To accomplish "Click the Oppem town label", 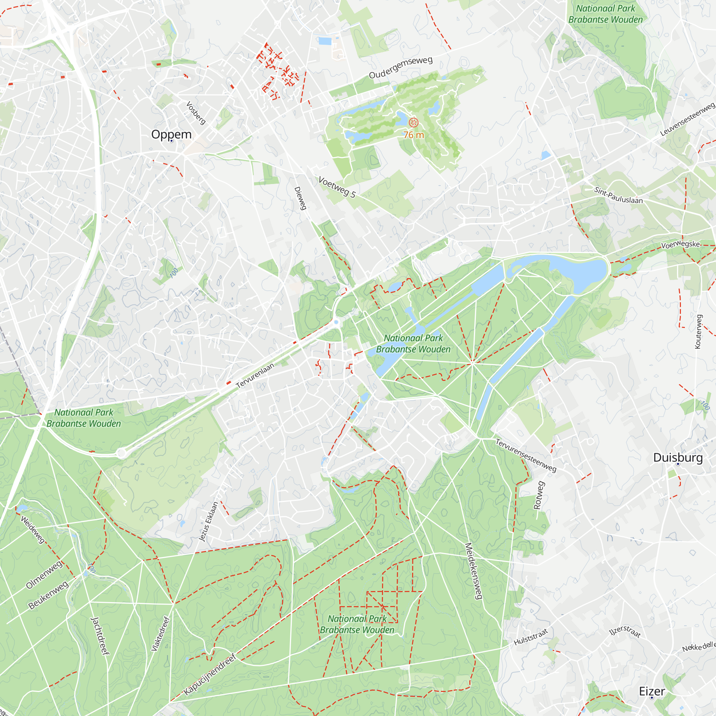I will pos(171,134).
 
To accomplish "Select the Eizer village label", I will pos(652,691).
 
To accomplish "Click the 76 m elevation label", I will pos(413,135).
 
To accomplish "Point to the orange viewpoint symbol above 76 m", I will pos(413,122).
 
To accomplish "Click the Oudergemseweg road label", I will pos(401,67).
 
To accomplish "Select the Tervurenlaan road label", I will pos(255,376).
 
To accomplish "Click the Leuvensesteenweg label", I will pos(687,119).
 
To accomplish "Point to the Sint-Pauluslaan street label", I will pos(618,195).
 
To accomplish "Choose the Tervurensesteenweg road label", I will pos(526,455).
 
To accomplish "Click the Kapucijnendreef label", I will pos(210,674).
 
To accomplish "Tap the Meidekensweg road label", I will pos(473,571).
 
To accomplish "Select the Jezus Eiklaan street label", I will pos(209,522).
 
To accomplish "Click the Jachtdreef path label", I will pos(101,636).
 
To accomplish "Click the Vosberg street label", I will pos(195,113).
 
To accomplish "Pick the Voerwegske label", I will pos(681,244).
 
